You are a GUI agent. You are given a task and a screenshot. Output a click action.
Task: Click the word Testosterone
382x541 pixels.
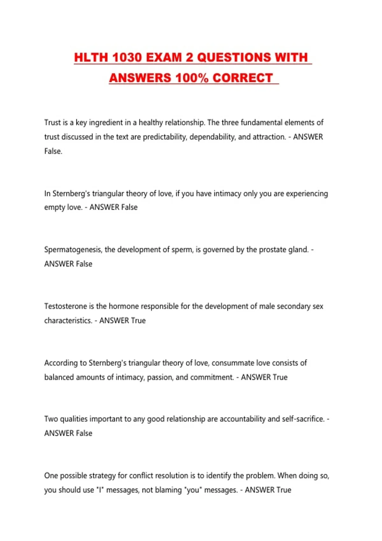pos(65,306)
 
